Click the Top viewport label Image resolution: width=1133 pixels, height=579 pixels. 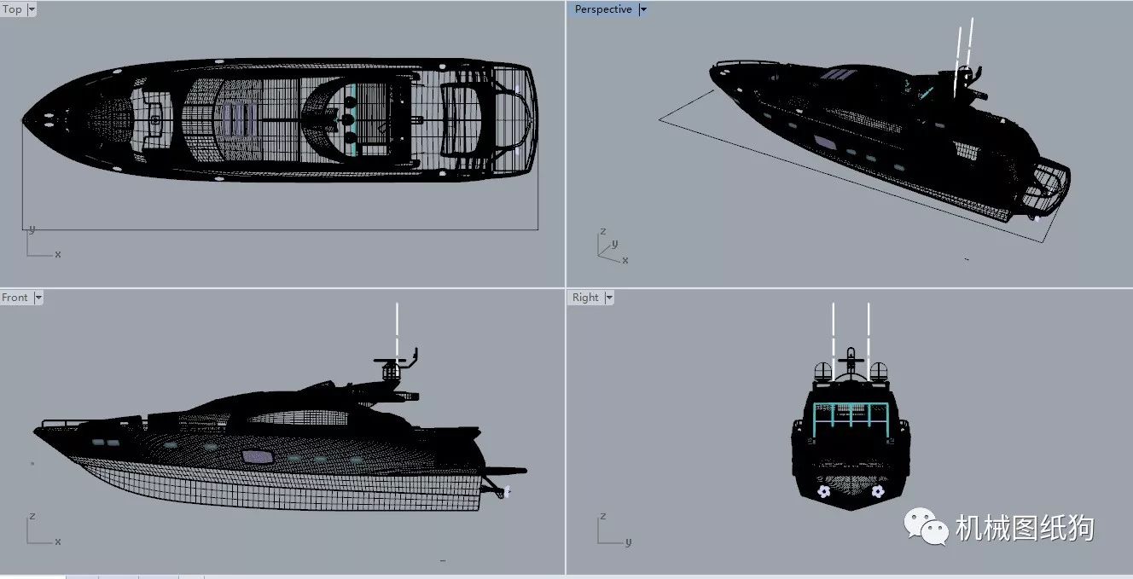pyautogui.click(x=12, y=9)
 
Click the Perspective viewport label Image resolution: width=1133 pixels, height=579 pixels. pyautogui.click(x=603, y=9)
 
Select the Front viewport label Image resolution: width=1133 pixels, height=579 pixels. pyautogui.click(x=15, y=298)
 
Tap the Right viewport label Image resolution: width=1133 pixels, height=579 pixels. pyautogui.click(x=585, y=298)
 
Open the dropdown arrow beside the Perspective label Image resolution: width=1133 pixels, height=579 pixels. pyautogui.click(x=643, y=9)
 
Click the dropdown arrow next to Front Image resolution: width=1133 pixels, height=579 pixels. pyautogui.click(x=38, y=298)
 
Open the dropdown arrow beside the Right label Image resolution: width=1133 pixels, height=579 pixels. pyautogui.click(x=609, y=298)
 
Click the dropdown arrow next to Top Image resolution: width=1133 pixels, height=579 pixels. pyautogui.click(x=32, y=9)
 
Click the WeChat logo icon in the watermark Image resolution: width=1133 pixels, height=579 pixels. pyautogui.click(x=927, y=526)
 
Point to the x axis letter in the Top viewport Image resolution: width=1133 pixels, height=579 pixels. pyautogui.click(x=58, y=254)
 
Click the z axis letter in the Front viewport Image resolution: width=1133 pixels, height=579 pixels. pyautogui.click(x=32, y=516)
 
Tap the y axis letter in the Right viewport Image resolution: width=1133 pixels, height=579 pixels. pyautogui.click(x=628, y=542)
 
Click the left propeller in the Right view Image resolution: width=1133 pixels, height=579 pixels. pyautogui.click(x=823, y=491)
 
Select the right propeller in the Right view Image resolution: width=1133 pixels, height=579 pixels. pyautogui.click(x=878, y=491)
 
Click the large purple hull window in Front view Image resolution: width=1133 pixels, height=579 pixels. pyautogui.click(x=258, y=456)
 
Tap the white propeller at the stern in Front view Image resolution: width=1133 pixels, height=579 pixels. pyautogui.click(x=506, y=491)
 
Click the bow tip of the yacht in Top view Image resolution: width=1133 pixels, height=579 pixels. pyautogui.click(x=22, y=120)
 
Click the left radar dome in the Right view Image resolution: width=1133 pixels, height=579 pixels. pyautogui.click(x=823, y=372)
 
